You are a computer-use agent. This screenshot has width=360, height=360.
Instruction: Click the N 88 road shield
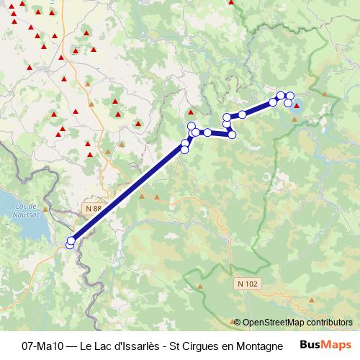pyautogui.click(x=93, y=208)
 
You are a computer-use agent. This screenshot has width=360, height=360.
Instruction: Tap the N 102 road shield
pyautogui.click(x=246, y=284)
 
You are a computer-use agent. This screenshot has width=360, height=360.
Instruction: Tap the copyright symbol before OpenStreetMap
pyautogui.click(x=238, y=322)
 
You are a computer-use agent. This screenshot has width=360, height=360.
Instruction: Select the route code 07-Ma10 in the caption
pyautogui.click(x=44, y=345)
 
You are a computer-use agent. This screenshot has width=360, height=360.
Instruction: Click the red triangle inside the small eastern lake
pyautogui.click(x=297, y=107)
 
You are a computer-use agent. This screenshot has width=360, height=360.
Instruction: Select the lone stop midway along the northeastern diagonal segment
pyautogui.click(x=243, y=114)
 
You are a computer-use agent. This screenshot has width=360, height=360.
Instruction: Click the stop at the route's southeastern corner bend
pyautogui.click(x=232, y=135)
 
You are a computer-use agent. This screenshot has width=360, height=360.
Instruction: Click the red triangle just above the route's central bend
pyautogui.click(x=191, y=112)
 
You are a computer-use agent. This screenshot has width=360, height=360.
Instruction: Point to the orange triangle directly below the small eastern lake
pyautogui.click(x=294, y=120)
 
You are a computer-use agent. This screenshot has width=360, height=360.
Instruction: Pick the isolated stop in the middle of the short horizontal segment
pyautogui.click(x=207, y=132)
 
